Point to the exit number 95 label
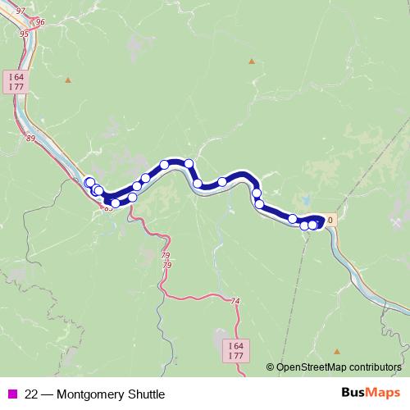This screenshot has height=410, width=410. (24, 34)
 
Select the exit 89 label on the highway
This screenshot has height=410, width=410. (31, 139)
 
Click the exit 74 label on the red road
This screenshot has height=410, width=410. (236, 302)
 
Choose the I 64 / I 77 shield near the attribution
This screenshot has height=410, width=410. (235, 351)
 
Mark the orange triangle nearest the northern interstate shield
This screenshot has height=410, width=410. (68, 80)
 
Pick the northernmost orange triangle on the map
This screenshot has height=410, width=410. (252, 61)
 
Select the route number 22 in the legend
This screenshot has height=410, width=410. (32, 394)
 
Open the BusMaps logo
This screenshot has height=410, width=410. (369, 393)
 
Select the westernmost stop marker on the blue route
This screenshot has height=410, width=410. (89, 182)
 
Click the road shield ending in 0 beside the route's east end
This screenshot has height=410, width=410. (330, 220)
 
